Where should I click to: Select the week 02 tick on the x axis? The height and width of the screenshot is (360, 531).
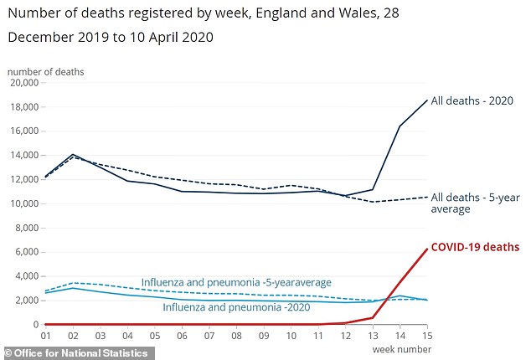(x=74, y=337)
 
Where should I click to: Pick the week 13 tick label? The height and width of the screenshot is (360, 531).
(x=374, y=337)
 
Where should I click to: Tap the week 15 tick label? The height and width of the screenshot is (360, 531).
(x=427, y=337)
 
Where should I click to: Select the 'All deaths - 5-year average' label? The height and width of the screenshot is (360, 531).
(x=475, y=202)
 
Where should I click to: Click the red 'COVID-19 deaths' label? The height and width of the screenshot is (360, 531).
(x=475, y=247)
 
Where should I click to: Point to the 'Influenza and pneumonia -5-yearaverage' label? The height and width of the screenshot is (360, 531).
(x=236, y=282)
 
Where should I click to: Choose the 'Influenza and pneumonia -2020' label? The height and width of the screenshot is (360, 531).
(x=224, y=308)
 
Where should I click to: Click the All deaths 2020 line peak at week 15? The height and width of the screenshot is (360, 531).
(x=427, y=100)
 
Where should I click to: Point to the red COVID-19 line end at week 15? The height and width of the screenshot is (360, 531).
(x=427, y=249)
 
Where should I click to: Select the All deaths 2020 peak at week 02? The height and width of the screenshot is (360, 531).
(x=74, y=155)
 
